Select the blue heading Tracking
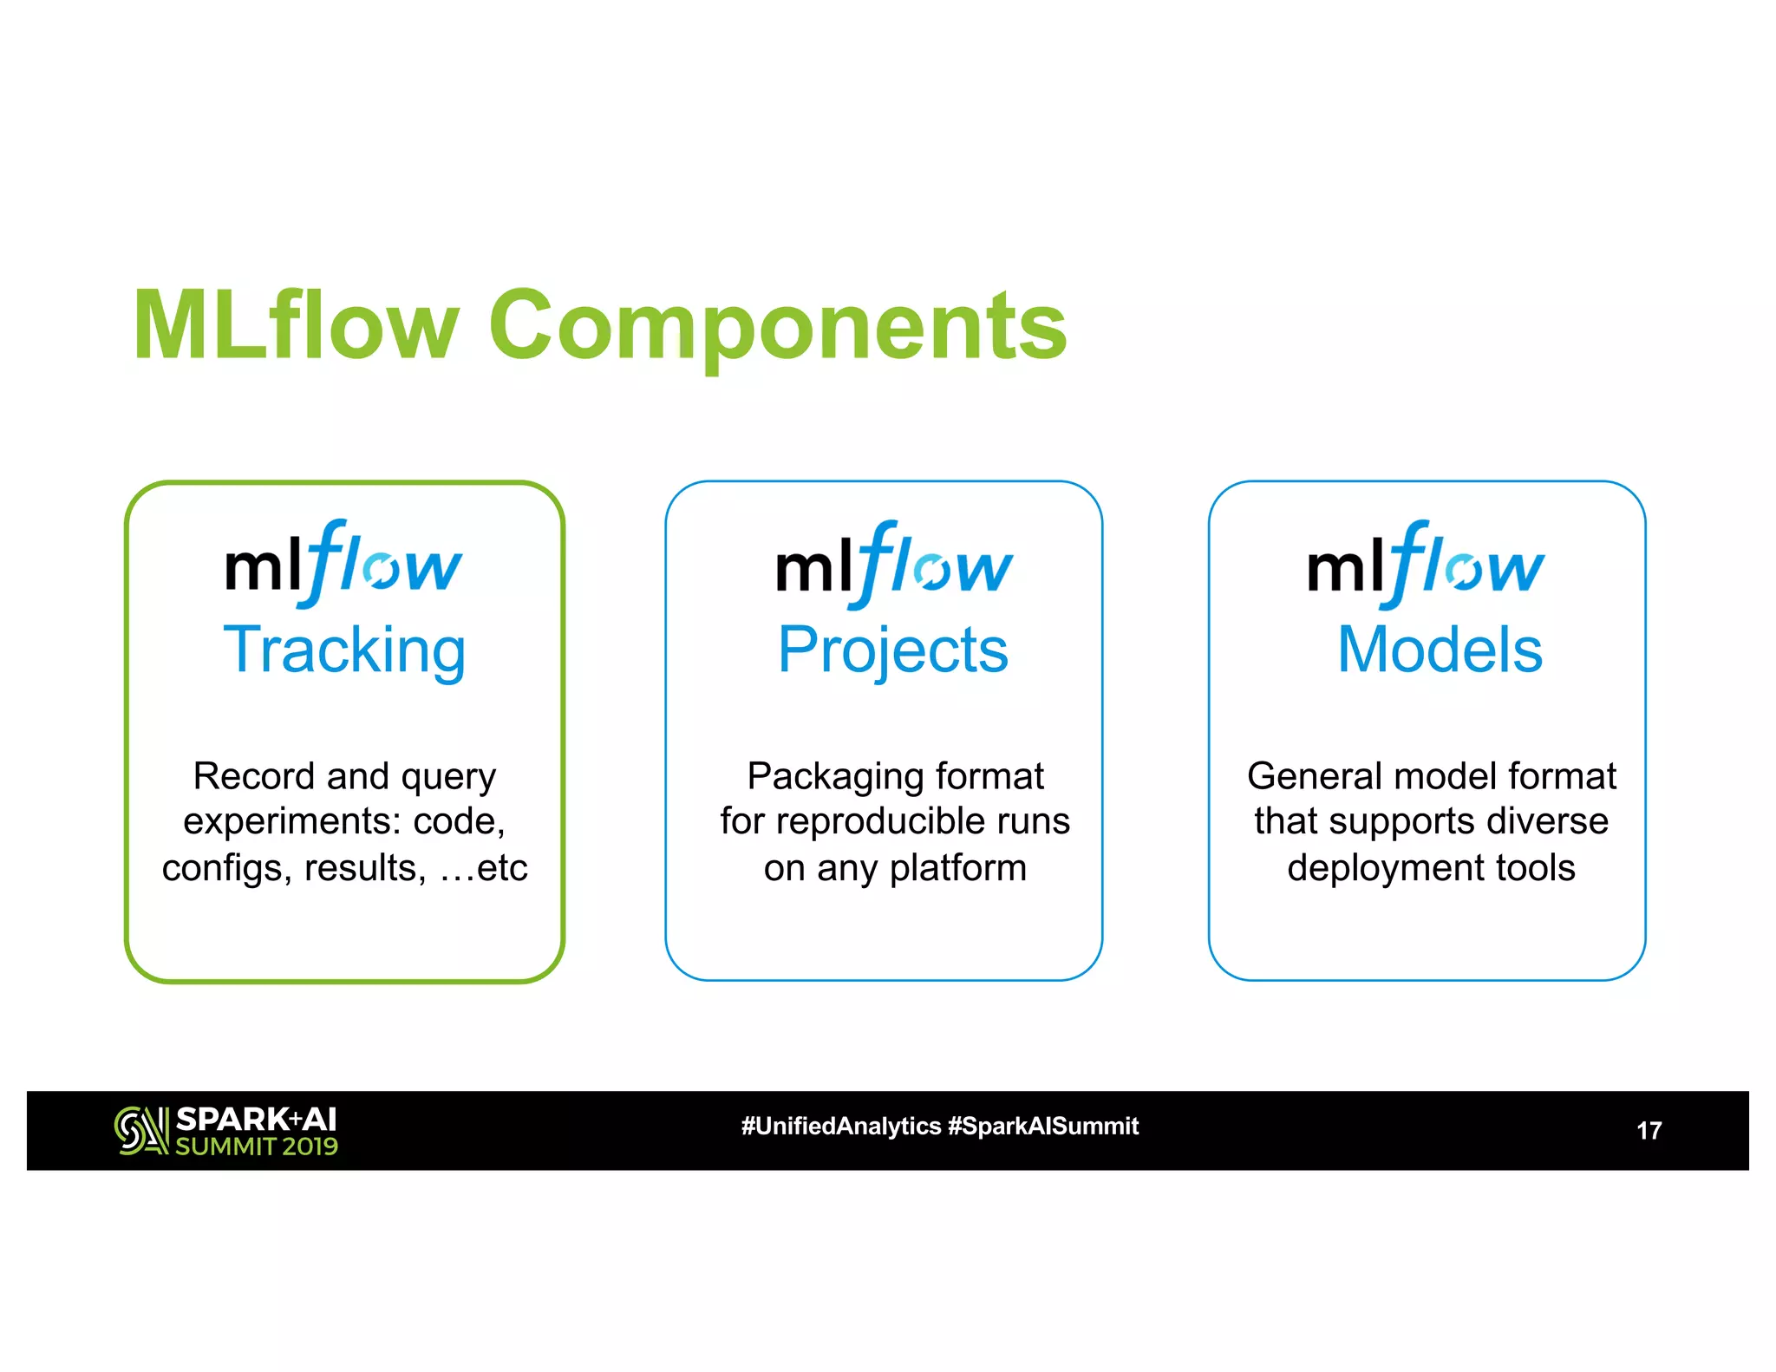tap(344, 650)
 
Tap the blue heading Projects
tap(892, 650)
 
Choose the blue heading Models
tap(1439, 650)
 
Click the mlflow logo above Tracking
tap(343, 565)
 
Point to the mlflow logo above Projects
tap(893, 565)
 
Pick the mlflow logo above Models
tap(1426, 565)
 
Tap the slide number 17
tap(1649, 1131)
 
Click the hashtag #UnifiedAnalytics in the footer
tap(840, 1127)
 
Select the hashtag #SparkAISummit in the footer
tap(1043, 1127)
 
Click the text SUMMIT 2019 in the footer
tap(257, 1147)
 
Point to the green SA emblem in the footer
tap(141, 1131)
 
